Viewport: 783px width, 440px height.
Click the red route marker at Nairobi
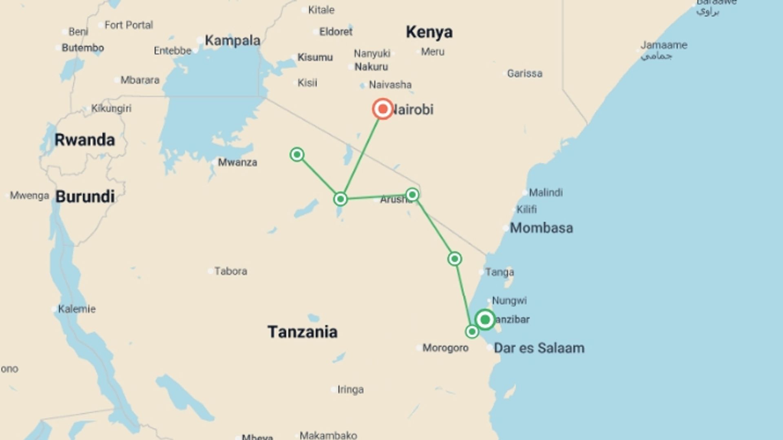tap(383, 109)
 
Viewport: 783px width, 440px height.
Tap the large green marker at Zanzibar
tap(485, 320)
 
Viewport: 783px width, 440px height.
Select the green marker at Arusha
tap(412, 195)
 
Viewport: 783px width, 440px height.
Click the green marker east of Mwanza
tap(297, 154)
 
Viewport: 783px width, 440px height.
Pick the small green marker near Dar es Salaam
tap(472, 332)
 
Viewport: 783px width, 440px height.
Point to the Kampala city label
tap(232, 40)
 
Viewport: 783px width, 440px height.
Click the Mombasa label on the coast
tap(541, 228)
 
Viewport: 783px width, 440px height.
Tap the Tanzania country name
tap(303, 332)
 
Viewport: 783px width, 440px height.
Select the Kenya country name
tap(429, 32)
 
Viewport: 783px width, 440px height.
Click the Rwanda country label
tap(85, 140)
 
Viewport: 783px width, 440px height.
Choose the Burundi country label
tap(85, 196)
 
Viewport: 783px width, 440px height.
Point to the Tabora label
tap(230, 271)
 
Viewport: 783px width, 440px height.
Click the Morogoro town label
tap(445, 348)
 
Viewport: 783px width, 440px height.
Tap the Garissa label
tap(524, 73)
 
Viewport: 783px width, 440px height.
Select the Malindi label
tap(546, 192)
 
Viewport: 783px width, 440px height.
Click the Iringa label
tap(350, 389)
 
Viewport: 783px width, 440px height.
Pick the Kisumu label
tap(315, 57)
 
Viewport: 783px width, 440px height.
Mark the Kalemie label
tap(77, 309)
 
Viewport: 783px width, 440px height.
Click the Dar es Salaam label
tap(539, 348)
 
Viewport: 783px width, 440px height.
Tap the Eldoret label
tap(336, 31)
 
